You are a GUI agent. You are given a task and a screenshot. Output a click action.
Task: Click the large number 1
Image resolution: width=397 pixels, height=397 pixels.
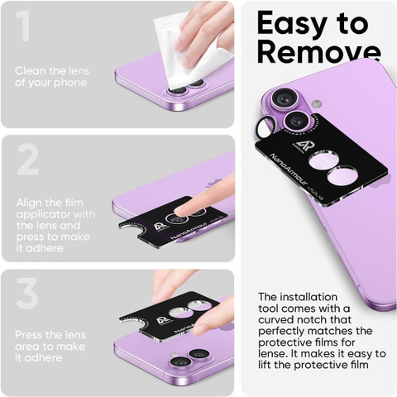click(23, 26)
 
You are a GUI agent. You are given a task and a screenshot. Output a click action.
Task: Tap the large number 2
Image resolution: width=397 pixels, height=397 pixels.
click(28, 160)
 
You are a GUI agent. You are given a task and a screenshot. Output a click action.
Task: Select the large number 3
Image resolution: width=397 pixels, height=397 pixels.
click(26, 293)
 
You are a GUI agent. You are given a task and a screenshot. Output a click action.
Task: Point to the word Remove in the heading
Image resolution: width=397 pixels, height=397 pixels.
click(319, 52)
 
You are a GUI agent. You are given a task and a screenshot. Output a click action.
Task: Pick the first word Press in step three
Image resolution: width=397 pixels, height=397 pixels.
click(29, 335)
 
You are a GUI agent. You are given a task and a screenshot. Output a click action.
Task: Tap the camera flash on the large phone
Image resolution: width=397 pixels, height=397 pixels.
click(317, 104)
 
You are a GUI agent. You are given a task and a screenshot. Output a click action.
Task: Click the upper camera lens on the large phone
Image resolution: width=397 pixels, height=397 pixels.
click(282, 99)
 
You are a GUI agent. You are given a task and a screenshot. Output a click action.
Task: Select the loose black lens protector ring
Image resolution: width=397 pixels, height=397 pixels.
click(265, 127)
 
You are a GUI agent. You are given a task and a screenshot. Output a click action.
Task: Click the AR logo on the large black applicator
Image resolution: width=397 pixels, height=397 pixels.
click(299, 146)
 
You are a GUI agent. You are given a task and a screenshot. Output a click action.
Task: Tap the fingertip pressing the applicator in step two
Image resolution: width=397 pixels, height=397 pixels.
click(183, 212)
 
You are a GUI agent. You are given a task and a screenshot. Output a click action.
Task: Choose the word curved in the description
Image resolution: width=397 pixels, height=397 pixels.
click(276, 320)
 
